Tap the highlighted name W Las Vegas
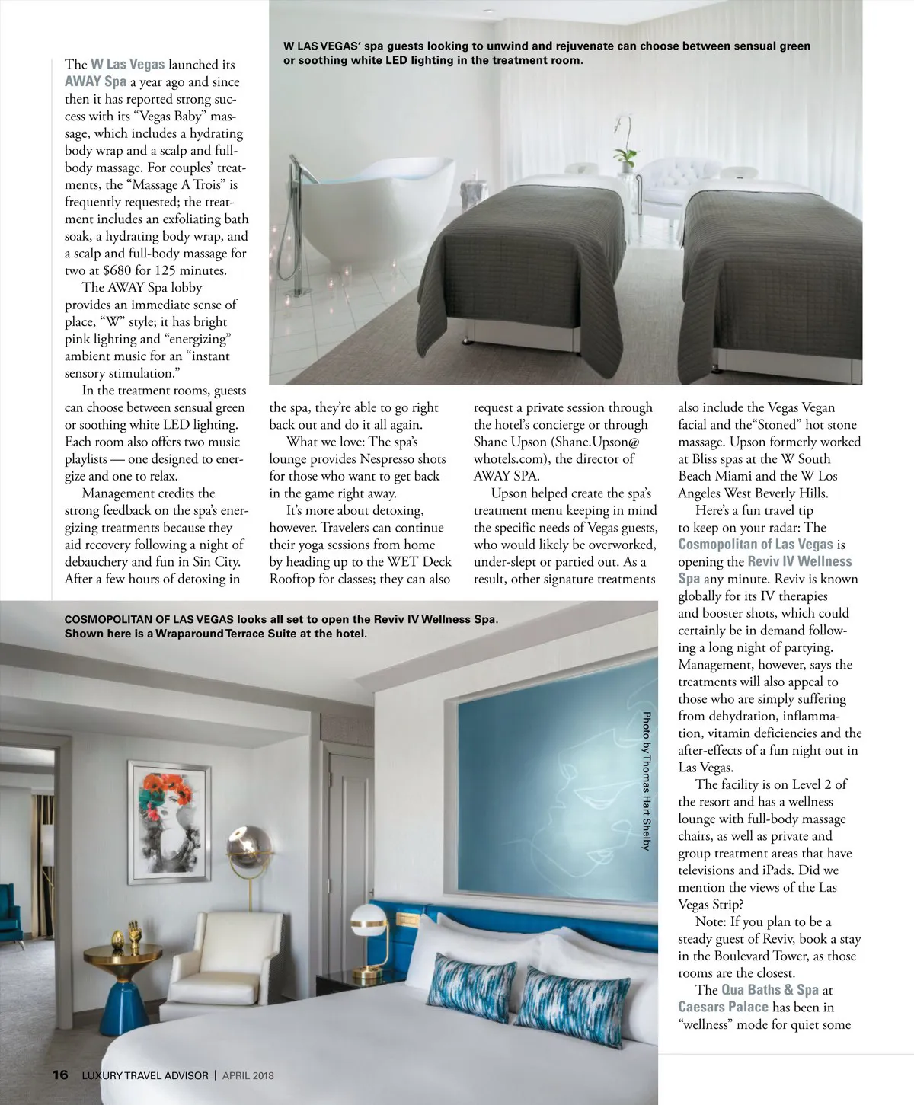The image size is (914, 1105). [x=127, y=65]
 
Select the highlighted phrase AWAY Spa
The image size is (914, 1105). [x=95, y=82]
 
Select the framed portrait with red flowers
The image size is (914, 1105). [x=169, y=822]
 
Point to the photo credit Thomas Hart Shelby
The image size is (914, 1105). [x=647, y=781]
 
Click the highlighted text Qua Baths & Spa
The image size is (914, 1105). [x=769, y=990]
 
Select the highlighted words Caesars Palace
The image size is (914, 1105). [x=723, y=1007]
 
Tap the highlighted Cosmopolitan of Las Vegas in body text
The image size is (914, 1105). [x=756, y=545]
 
